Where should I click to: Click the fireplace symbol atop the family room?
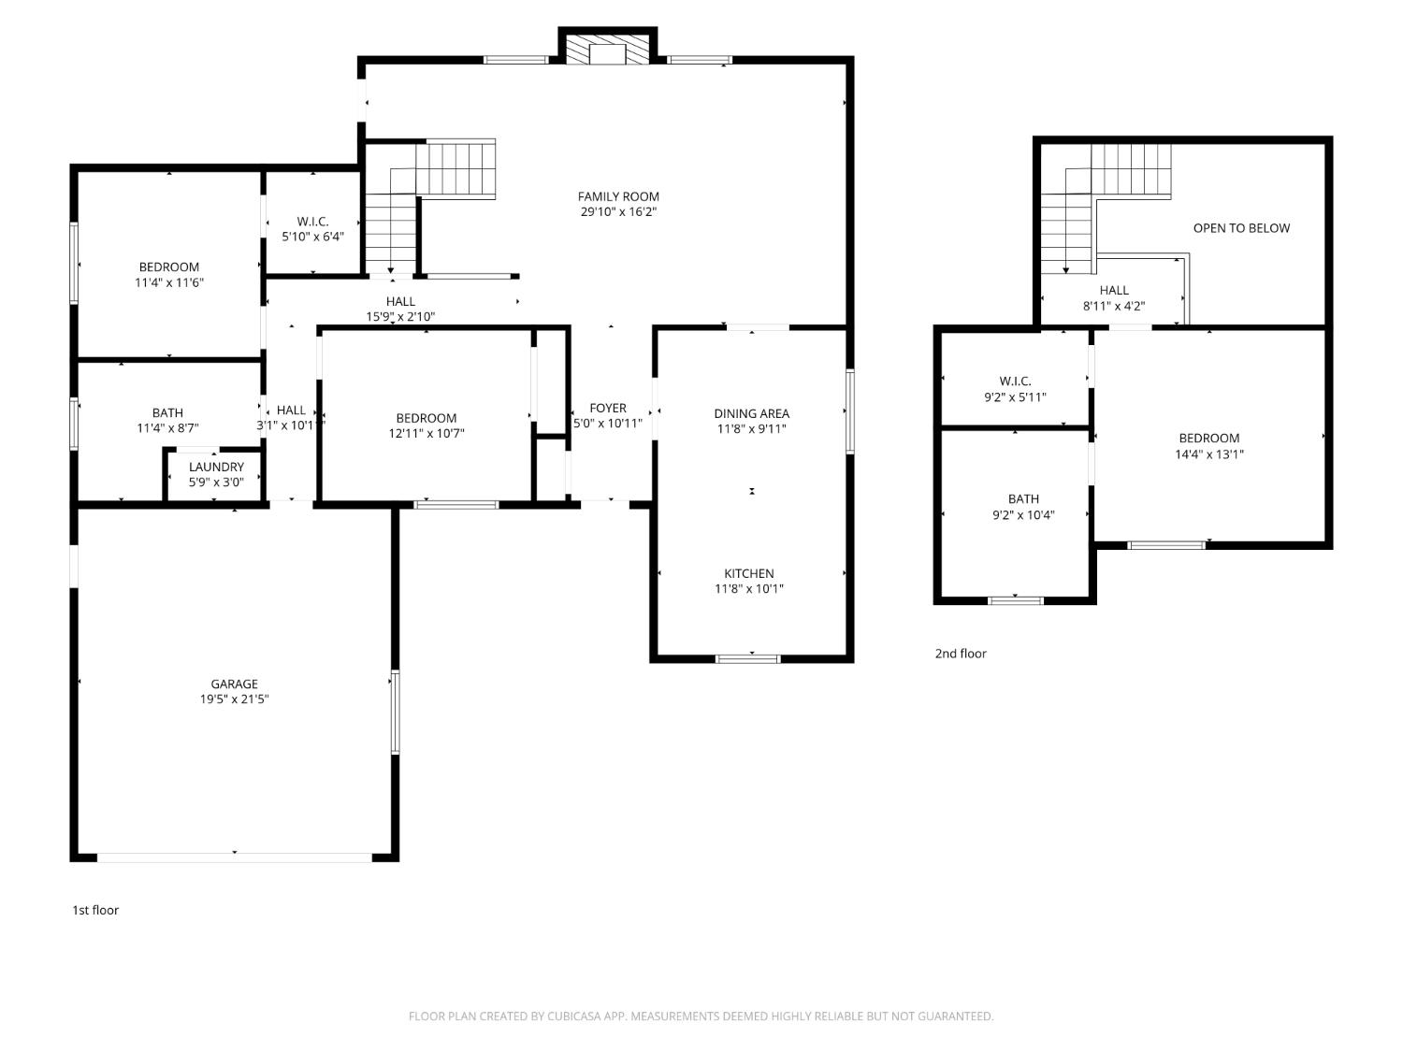pos(607,51)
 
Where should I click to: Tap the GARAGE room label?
pos(234,684)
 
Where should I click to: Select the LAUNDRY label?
pos(216,467)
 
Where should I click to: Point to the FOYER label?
pos(608,408)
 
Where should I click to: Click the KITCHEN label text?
pos(749,573)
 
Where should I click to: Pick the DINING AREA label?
pos(751,413)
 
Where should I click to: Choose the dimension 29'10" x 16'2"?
pos(618,212)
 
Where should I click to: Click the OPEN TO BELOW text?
pos(1241,228)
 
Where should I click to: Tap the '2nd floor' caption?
pos(961,654)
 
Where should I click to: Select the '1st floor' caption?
pos(95,910)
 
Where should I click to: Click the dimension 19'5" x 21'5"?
pos(234,699)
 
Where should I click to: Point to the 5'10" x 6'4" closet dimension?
pos(312,237)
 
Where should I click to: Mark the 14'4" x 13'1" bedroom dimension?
pos(1209,454)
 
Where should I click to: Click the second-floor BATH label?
pos(1023,498)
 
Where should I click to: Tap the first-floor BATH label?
pos(167,412)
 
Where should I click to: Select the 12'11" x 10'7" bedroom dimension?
pos(427,433)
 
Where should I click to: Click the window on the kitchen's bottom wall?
pos(747,658)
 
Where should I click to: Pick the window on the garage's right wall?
pos(395,712)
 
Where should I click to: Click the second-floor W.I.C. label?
pos(1015,381)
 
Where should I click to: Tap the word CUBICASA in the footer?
pos(573,1016)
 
